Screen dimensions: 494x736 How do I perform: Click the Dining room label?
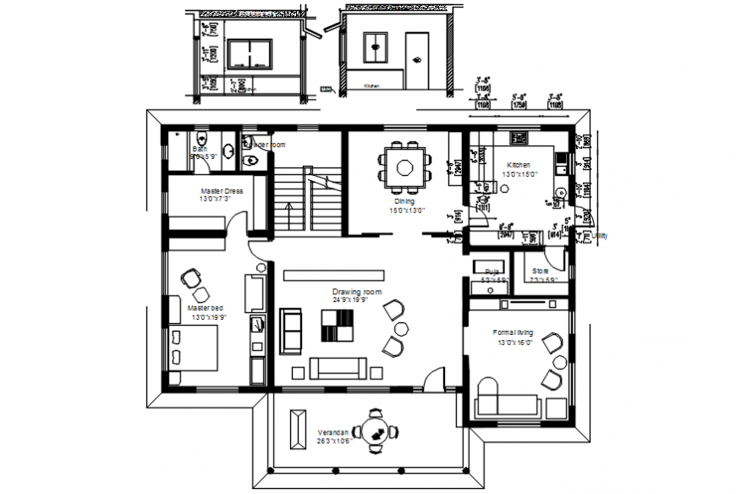[x=405, y=201]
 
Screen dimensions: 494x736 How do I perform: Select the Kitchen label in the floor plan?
[x=519, y=165]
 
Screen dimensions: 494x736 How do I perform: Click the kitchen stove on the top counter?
[x=519, y=137]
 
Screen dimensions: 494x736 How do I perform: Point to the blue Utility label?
[x=600, y=236]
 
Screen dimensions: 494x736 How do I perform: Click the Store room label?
[x=540, y=271]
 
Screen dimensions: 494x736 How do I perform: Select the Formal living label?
[x=513, y=332]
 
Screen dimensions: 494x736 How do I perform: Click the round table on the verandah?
[x=374, y=430]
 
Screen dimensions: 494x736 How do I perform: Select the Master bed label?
[x=206, y=308]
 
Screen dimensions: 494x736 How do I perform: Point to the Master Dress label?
[x=222, y=191]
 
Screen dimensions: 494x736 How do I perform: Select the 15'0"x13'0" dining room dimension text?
[x=406, y=211]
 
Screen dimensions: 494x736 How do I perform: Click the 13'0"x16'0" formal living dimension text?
[x=513, y=343]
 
